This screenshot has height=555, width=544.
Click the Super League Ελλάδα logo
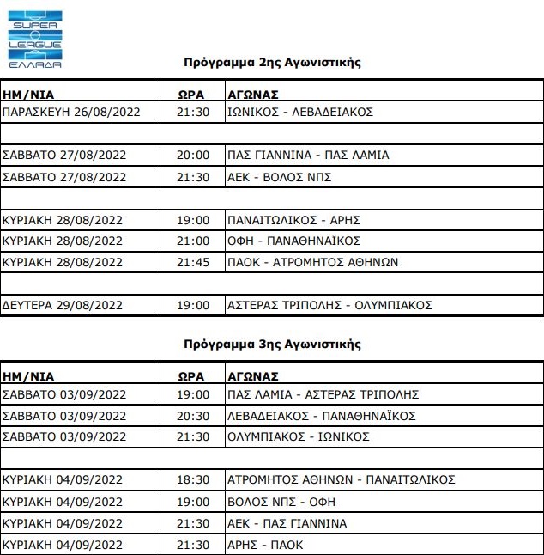point(34,35)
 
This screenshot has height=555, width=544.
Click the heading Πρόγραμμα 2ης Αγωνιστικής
point(273,63)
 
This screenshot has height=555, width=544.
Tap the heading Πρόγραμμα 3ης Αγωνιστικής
point(273,345)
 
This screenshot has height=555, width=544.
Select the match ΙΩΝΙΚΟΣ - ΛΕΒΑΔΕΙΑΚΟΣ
point(299,113)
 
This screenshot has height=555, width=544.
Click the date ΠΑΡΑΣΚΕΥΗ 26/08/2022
point(71,113)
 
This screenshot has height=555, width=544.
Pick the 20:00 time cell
point(193,156)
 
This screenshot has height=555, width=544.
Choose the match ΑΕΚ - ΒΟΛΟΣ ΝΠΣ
point(279,177)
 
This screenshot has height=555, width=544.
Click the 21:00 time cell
point(193,241)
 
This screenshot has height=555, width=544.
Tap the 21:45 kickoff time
point(193,262)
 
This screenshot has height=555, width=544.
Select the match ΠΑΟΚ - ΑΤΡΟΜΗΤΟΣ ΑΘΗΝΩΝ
point(312,262)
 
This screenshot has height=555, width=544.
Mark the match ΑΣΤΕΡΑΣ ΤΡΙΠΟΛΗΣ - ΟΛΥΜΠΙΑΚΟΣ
point(329,305)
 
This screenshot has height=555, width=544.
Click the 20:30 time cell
point(193,416)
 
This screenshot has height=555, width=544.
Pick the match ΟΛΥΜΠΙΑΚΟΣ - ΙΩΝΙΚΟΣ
point(298,437)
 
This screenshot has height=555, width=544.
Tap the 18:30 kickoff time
point(193,479)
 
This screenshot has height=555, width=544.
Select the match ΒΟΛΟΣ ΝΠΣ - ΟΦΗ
point(276,501)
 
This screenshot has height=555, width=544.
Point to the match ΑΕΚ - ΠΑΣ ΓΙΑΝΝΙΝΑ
point(287,522)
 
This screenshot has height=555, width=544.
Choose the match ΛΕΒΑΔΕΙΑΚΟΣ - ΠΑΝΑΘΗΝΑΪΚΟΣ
point(321,416)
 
